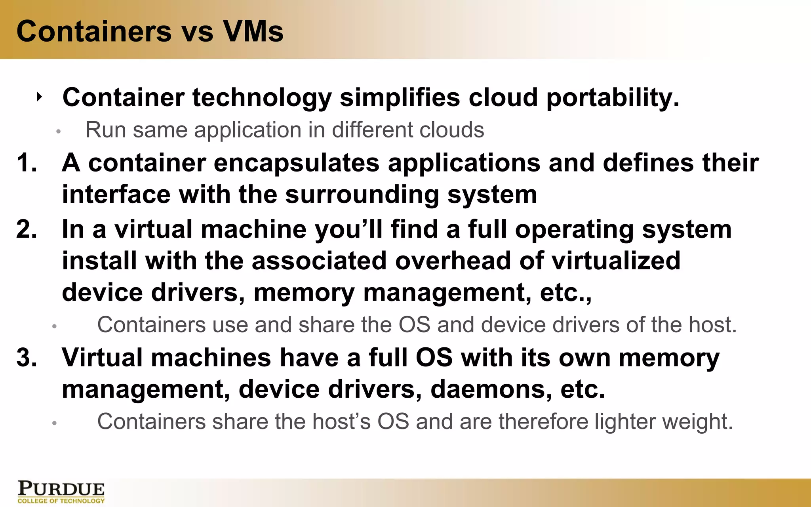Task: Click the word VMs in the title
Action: pos(253,31)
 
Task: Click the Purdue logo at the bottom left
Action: pos(61,492)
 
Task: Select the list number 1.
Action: pos(27,163)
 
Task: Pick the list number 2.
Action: pos(27,229)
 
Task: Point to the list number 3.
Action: pos(27,357)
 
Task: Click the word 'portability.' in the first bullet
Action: pos(612,98)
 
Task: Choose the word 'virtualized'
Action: pos(616,261)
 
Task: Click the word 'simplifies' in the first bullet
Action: pos(400,98)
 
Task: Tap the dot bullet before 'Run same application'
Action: pos(58,131)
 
